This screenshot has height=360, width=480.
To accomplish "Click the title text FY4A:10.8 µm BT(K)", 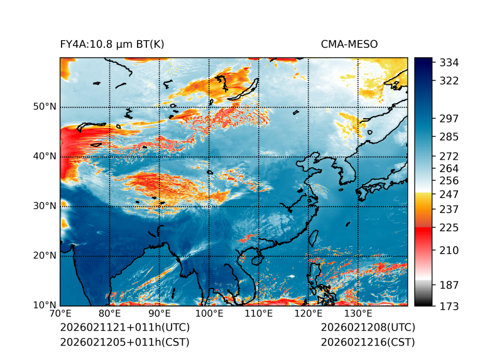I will pyautogui.click(x=112, y=44).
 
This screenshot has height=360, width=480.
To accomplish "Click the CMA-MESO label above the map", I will pyautogui.click(x=349, y=44).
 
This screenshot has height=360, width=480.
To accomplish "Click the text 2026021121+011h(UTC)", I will pyautogui.click(x=124, y=328).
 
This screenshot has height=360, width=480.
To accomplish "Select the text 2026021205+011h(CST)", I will pyautogui.click(x=124, y=342).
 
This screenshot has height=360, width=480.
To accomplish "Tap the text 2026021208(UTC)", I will pyautogui.click(x=368, y=328).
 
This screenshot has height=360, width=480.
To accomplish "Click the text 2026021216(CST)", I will pyautogui.click(x=368, y=342).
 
